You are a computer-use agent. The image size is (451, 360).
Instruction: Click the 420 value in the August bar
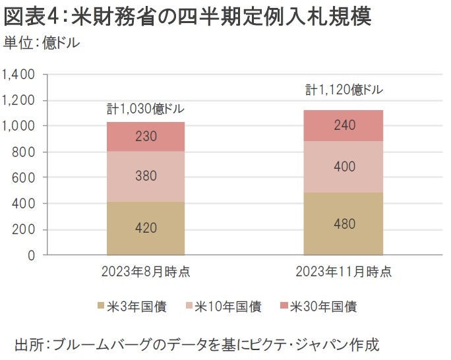pos(146,228)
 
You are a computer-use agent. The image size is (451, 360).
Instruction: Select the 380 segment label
pos(146,176)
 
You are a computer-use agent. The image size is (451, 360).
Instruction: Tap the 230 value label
pos(146,137)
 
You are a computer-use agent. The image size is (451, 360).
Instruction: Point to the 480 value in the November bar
pos(343,224)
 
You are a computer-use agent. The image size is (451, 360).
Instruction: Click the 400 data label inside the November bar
pos(343,167)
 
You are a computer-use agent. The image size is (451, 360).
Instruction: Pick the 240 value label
pos(343,125)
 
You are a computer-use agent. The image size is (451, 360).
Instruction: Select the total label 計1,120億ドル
pos(344,89)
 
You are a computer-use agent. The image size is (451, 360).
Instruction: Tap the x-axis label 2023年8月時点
pos(146,271)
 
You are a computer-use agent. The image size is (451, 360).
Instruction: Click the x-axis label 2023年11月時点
pos(343,271)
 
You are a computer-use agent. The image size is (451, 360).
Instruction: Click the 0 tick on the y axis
pos(31,256)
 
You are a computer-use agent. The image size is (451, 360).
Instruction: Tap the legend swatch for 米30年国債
pos(284,306)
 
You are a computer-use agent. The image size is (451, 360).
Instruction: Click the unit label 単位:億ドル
pos(42,44)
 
